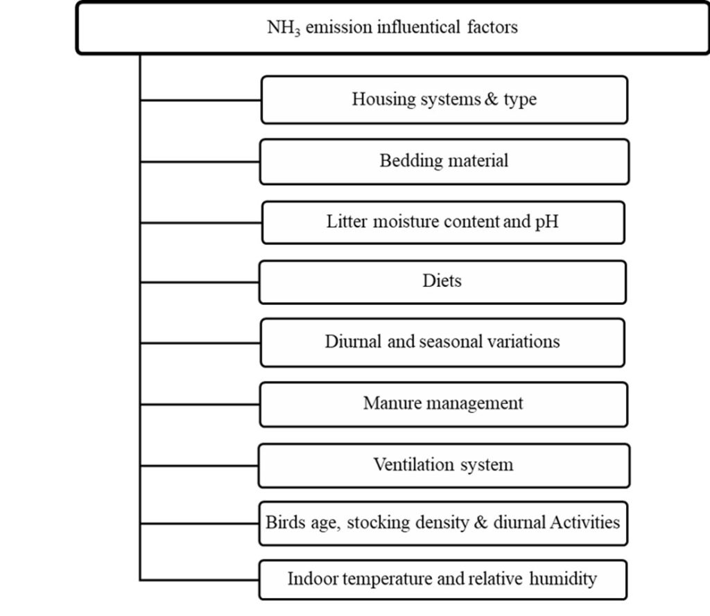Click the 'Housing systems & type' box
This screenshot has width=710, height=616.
coord(444,100)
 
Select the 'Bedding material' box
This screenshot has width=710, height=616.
coord(444,161)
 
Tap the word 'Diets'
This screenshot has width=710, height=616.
coord(442,281)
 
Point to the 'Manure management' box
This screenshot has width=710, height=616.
coord(444,405)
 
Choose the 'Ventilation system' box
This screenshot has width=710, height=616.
coord(444,466)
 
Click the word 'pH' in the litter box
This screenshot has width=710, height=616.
coord(546,222)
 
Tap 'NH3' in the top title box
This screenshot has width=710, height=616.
coord(284,27)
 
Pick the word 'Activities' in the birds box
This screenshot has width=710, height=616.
coord(585,522)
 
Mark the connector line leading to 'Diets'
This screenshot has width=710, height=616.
coord(200,282)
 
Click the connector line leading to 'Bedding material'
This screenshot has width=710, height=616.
coord(200,161)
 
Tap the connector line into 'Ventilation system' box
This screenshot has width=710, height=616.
coord(199,465)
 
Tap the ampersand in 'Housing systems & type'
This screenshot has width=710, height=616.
coord(492,99)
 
